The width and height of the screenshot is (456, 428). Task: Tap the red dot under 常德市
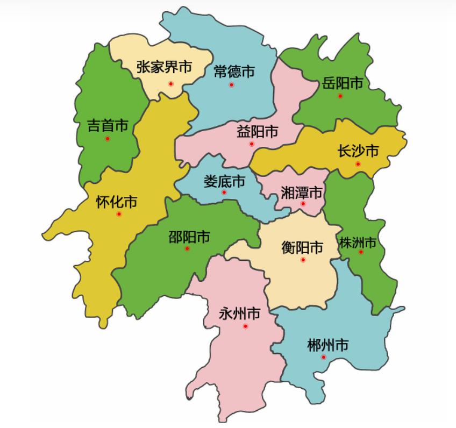point(232,85)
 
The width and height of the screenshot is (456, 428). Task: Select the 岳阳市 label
point(343,83)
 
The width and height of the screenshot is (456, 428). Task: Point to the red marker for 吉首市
point(108,139)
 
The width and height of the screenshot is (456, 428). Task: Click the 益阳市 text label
point(257,131)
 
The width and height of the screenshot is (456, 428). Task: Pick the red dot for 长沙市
point(358,164)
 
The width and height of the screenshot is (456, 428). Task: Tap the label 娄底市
point(224,181)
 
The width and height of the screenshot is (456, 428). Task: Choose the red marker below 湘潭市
point(303,204)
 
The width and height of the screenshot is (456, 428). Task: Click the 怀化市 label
point(116,202)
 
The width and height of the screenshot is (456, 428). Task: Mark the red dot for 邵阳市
point(187,248)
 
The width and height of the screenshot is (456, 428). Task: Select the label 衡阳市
point(303,247)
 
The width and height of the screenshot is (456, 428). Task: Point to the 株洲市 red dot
point(361,252)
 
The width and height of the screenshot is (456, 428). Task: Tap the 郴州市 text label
point(327,345)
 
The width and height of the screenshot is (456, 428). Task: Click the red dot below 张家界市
point(170,83)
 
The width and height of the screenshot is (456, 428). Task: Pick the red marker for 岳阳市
point(340,96)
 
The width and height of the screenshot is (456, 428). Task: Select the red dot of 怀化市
point(119,214)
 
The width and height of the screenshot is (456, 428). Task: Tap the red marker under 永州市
point(245,326)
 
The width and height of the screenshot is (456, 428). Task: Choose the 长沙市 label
point(358,151)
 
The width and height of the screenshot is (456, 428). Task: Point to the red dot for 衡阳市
point(303,260)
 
